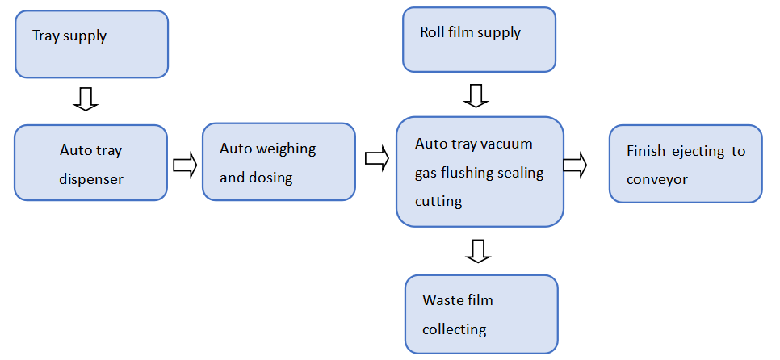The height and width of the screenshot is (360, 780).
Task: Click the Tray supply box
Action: (91, 44)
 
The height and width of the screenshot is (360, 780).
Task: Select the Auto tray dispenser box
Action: (91, 162)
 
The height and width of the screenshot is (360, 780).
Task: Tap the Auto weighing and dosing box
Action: (279, 162)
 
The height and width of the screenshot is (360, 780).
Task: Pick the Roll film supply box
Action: (479, 40)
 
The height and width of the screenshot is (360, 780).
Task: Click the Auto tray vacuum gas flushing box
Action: (480, 172)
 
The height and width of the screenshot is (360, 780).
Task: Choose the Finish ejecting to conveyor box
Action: (685, 163)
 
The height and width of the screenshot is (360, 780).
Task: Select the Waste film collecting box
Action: (481, 314)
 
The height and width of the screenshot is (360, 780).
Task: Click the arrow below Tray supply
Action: (85, 98)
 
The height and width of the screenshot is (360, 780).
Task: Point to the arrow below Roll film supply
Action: (476, 95)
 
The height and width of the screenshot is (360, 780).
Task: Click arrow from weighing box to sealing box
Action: (376, 158)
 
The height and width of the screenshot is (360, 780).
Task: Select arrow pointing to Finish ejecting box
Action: (574, 165)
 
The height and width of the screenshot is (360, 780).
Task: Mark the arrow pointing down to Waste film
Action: (479, 251)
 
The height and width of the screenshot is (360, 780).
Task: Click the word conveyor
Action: (656, 179)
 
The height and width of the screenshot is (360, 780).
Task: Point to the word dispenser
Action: (91, 179)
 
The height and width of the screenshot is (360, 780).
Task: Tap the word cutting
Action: (438, 201)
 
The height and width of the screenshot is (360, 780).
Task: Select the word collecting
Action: (454, 329)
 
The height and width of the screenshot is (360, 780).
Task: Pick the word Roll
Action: (432, 33)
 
